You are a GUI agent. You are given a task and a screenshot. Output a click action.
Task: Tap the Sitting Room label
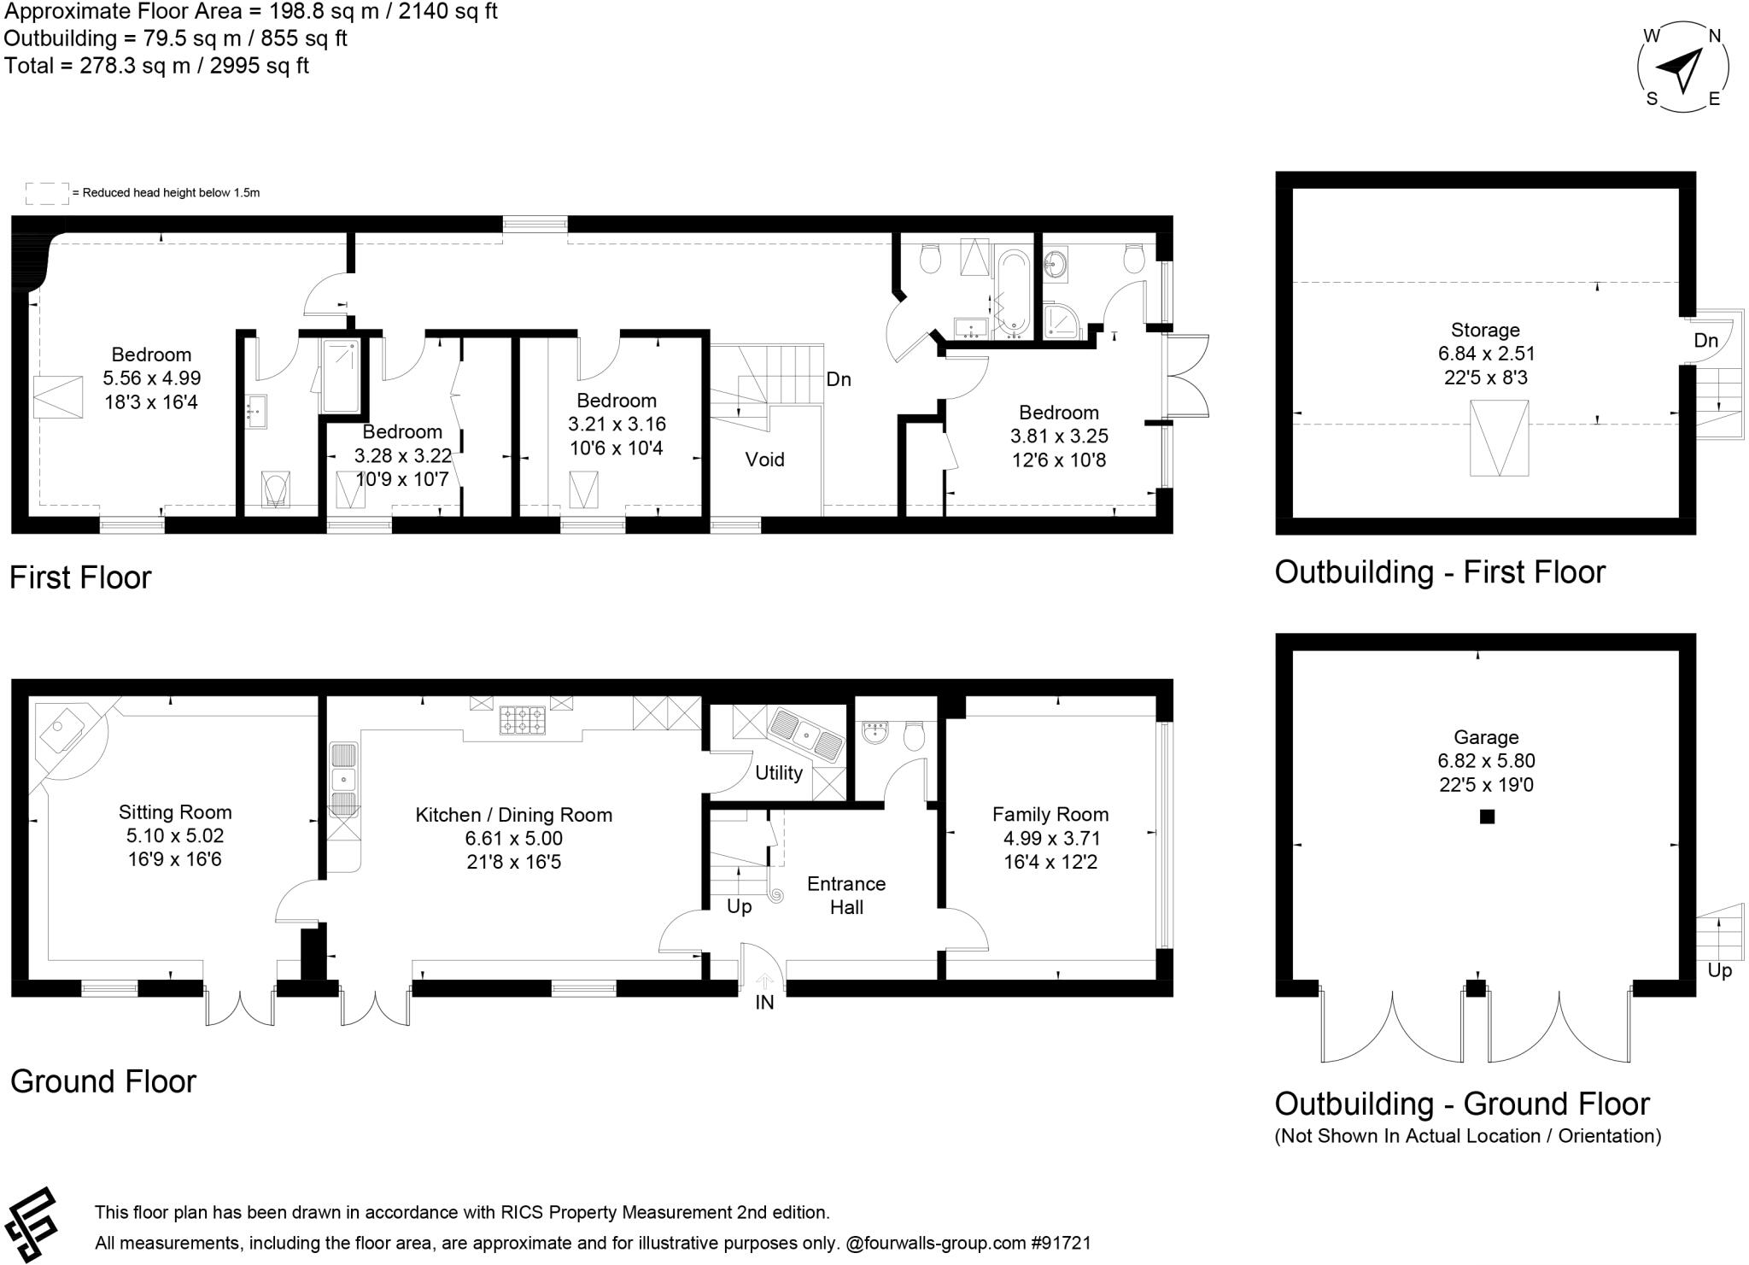click(x=175, y=812)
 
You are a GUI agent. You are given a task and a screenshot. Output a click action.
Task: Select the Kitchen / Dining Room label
click(x=513, y=815)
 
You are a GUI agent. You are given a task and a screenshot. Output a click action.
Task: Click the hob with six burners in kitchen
click(x=523, y=719)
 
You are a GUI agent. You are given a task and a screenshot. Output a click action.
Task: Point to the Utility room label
click(x=778, y=773)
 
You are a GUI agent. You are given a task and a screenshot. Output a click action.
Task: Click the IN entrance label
click(x=764, y=1003)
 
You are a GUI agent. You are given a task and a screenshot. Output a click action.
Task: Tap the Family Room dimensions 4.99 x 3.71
click(x=1051, y=839)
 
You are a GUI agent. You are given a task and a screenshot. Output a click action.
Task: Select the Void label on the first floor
click(x=764, y=460)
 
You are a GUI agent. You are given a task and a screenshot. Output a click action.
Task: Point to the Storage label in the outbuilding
click(x=1485, y=330)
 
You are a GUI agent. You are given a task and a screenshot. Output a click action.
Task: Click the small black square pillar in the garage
click(x=1487, y=817)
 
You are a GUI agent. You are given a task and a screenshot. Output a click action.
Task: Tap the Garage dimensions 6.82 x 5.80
click(x=1486, y=761)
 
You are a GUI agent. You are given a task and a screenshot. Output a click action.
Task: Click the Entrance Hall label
click(x=845, y=895)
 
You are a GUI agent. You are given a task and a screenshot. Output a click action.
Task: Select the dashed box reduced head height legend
click(x=47, y=193)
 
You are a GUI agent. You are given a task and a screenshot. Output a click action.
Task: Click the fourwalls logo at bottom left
click(x=31, y=1223)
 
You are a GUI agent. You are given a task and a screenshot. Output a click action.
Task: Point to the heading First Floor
click(x=80, y=577)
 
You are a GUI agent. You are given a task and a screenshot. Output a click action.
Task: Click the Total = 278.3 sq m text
click(x=156, y=66)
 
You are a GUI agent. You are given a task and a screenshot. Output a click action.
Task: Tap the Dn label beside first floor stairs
click(x=838, y=379)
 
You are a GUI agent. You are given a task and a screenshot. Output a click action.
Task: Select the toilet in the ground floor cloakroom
click(x=914, y=735)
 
